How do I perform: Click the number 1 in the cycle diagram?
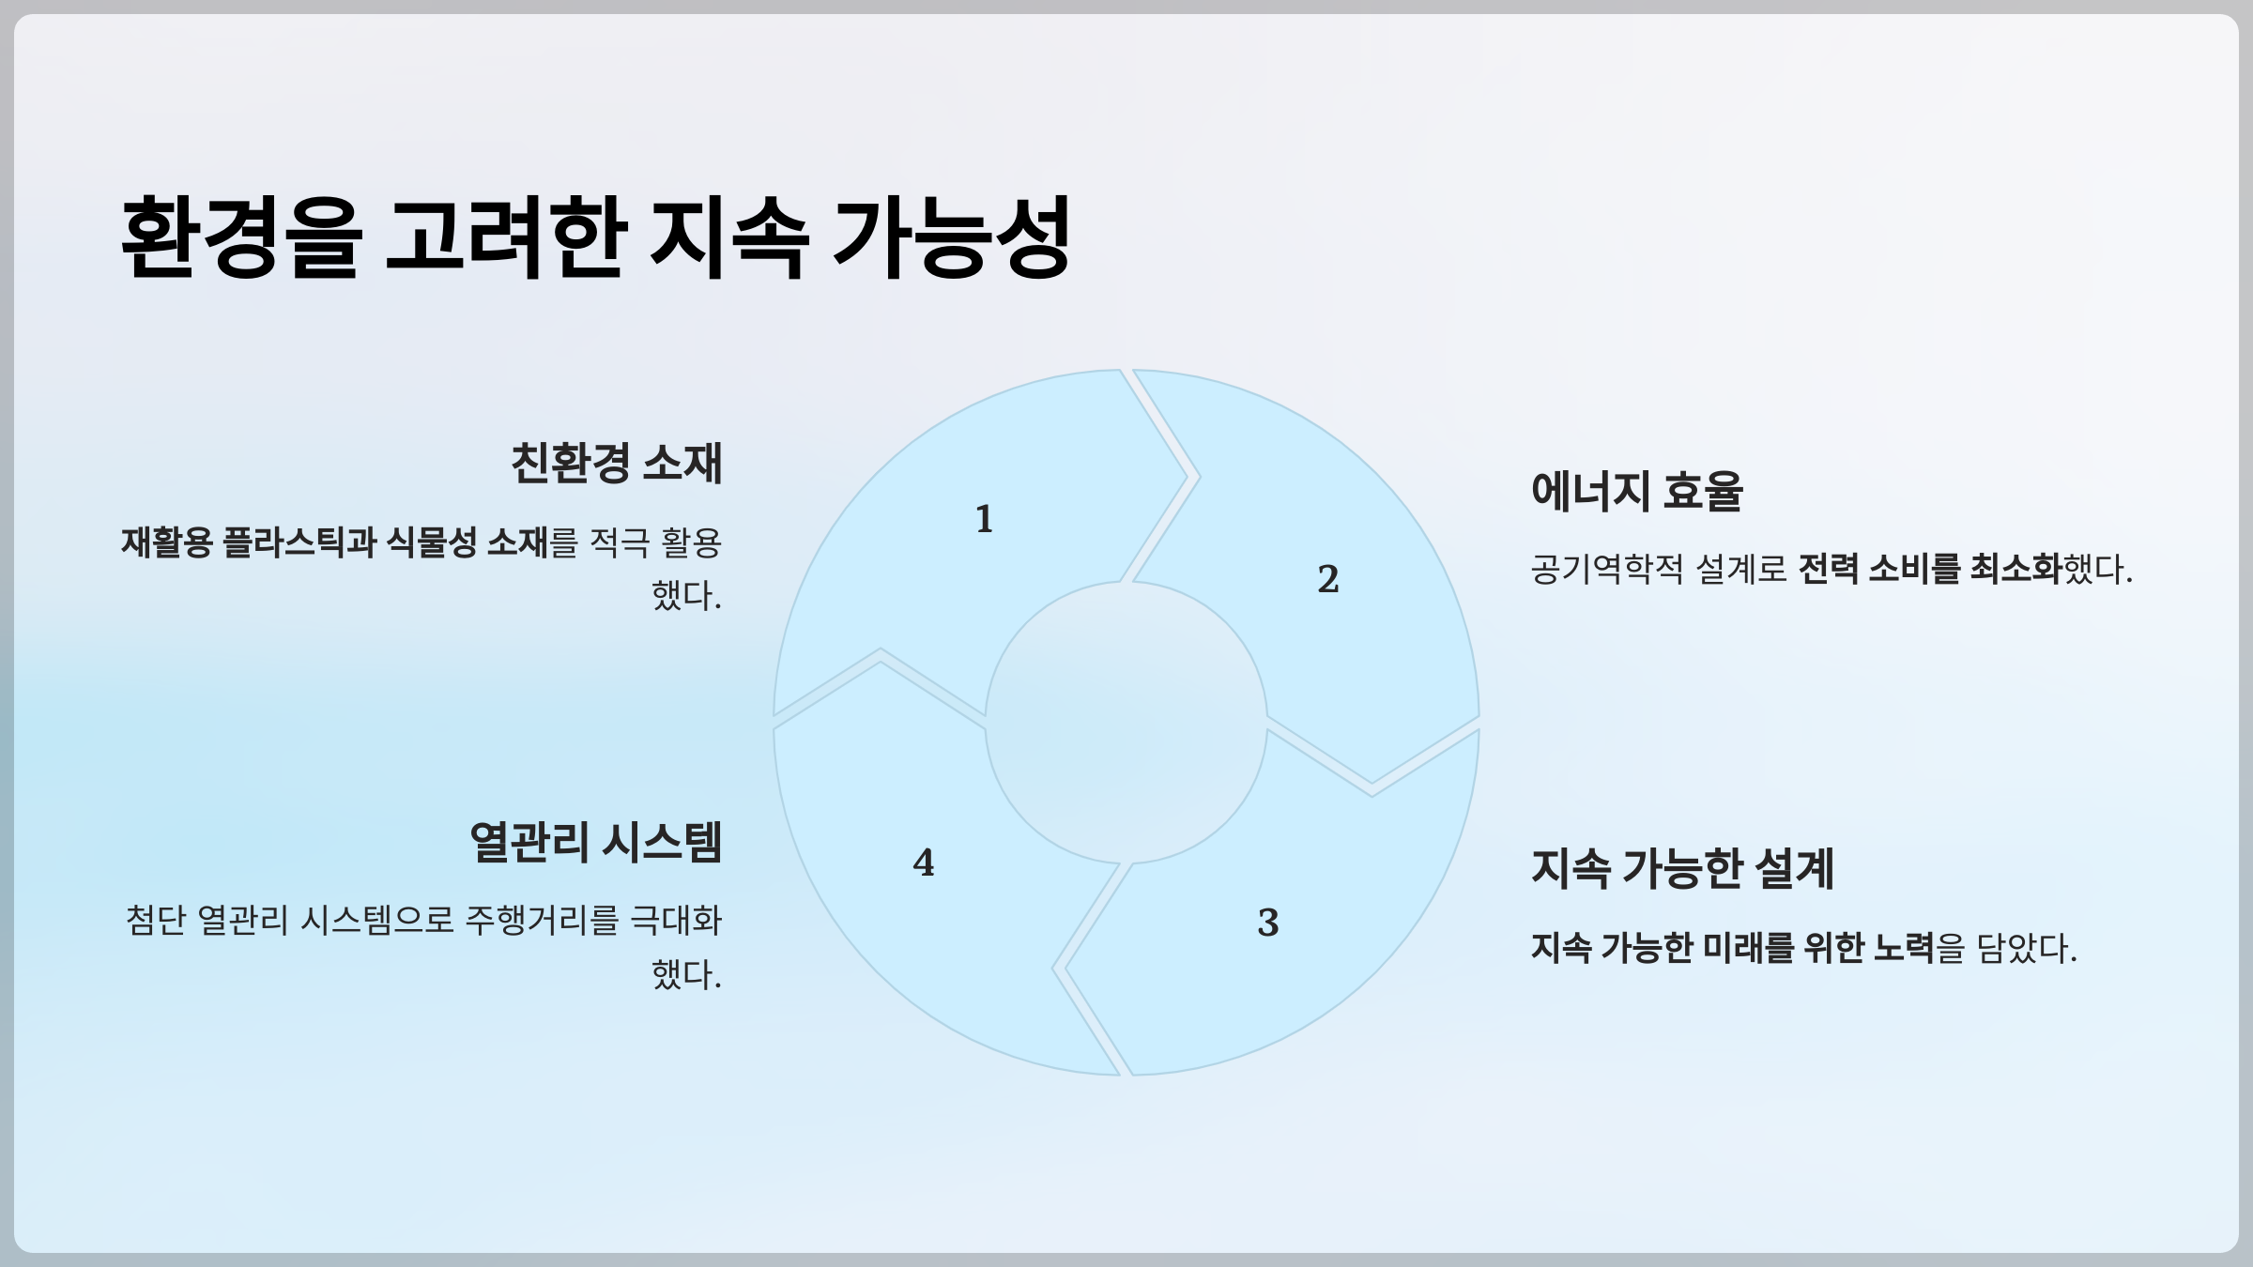[x=984, y=519]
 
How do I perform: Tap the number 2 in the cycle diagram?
[x=1327, y=579]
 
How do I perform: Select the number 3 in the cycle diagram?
[x=1267, y=923]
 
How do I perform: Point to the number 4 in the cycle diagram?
[x=924, y=862]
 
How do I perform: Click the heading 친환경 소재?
[x=616, y=463]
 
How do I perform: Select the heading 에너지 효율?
[x=1636, y=491]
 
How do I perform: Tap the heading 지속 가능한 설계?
[x=1681, y=868]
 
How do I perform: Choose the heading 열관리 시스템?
[x=595, y=842]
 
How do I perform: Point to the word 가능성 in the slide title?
[x=952, y=237]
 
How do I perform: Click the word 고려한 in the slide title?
[x=505, y=237]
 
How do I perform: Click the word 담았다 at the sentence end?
[x=2026, y=948]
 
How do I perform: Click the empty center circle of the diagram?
[x=1126, y=723]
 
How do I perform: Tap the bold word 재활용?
[x=166, y=542]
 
